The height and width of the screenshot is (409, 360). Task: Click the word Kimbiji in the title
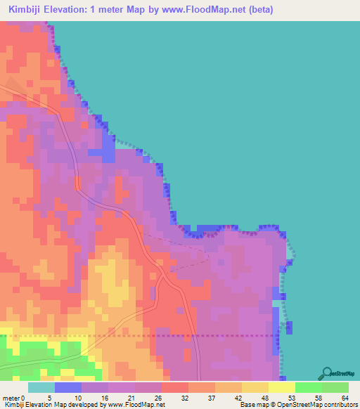click(x=29, y=10)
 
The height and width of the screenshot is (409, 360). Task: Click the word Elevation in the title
click(x=77, y=10)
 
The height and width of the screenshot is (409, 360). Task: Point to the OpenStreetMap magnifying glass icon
click(x=326, y=373)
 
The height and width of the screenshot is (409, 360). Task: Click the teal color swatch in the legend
click(x=41, y=387)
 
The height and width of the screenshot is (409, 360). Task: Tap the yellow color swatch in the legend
click(x=282, y=387)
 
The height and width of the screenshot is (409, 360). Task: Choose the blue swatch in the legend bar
click(x=68, y=387)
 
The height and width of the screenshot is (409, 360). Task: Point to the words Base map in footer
click(x=252, y=405)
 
